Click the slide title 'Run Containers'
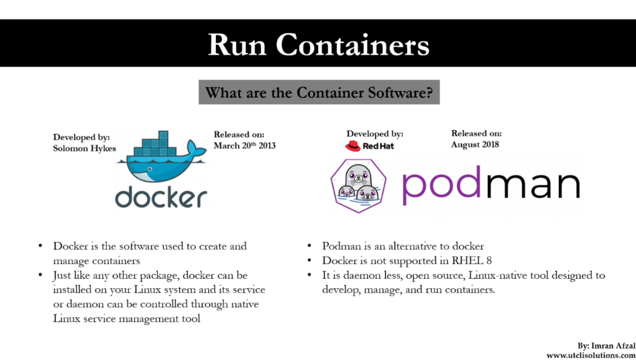coord(318,44)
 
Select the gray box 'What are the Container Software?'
coord(319,92)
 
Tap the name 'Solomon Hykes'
coord(85,148)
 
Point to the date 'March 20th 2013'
coord(244,145)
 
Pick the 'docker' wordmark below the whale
coord(161,196)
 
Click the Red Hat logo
coord(370,145)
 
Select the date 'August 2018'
coord(476,144)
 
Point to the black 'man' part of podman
coord(533,186)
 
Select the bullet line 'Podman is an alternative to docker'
coord(403,246)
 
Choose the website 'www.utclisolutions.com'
coord(590,355)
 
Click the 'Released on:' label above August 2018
coord(476,133)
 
